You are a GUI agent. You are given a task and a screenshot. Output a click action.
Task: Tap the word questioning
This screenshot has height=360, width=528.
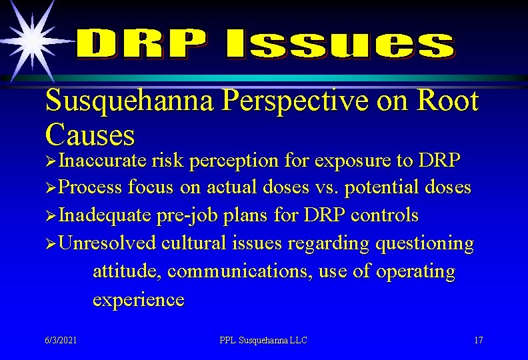425,244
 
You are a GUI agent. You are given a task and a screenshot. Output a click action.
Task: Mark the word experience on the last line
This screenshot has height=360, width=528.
138,300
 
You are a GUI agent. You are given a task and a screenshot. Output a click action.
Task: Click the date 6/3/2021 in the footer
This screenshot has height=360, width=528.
61,340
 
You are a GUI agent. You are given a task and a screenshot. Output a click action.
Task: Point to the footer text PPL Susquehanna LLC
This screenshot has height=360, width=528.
263,340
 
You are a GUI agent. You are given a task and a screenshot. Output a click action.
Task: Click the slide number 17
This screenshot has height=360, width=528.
478,340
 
